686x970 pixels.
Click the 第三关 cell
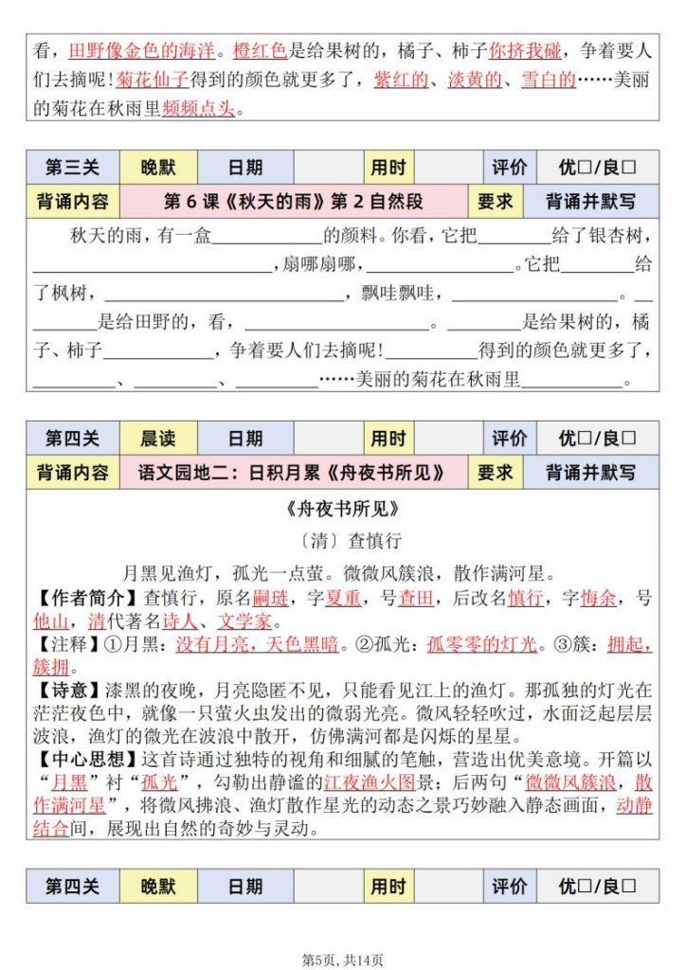click(73, 169)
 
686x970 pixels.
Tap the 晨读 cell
click(158, 439)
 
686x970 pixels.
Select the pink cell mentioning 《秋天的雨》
click(293, 202)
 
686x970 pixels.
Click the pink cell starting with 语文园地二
click(293, 472)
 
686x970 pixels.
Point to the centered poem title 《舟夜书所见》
click(342, 510)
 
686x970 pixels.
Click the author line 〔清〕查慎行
click(342, 541)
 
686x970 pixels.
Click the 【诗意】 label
click(66, 684)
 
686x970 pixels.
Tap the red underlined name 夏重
click(342, 598)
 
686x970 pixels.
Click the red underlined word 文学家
click(245, 622)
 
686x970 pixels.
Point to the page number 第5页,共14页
click(342, 959)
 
